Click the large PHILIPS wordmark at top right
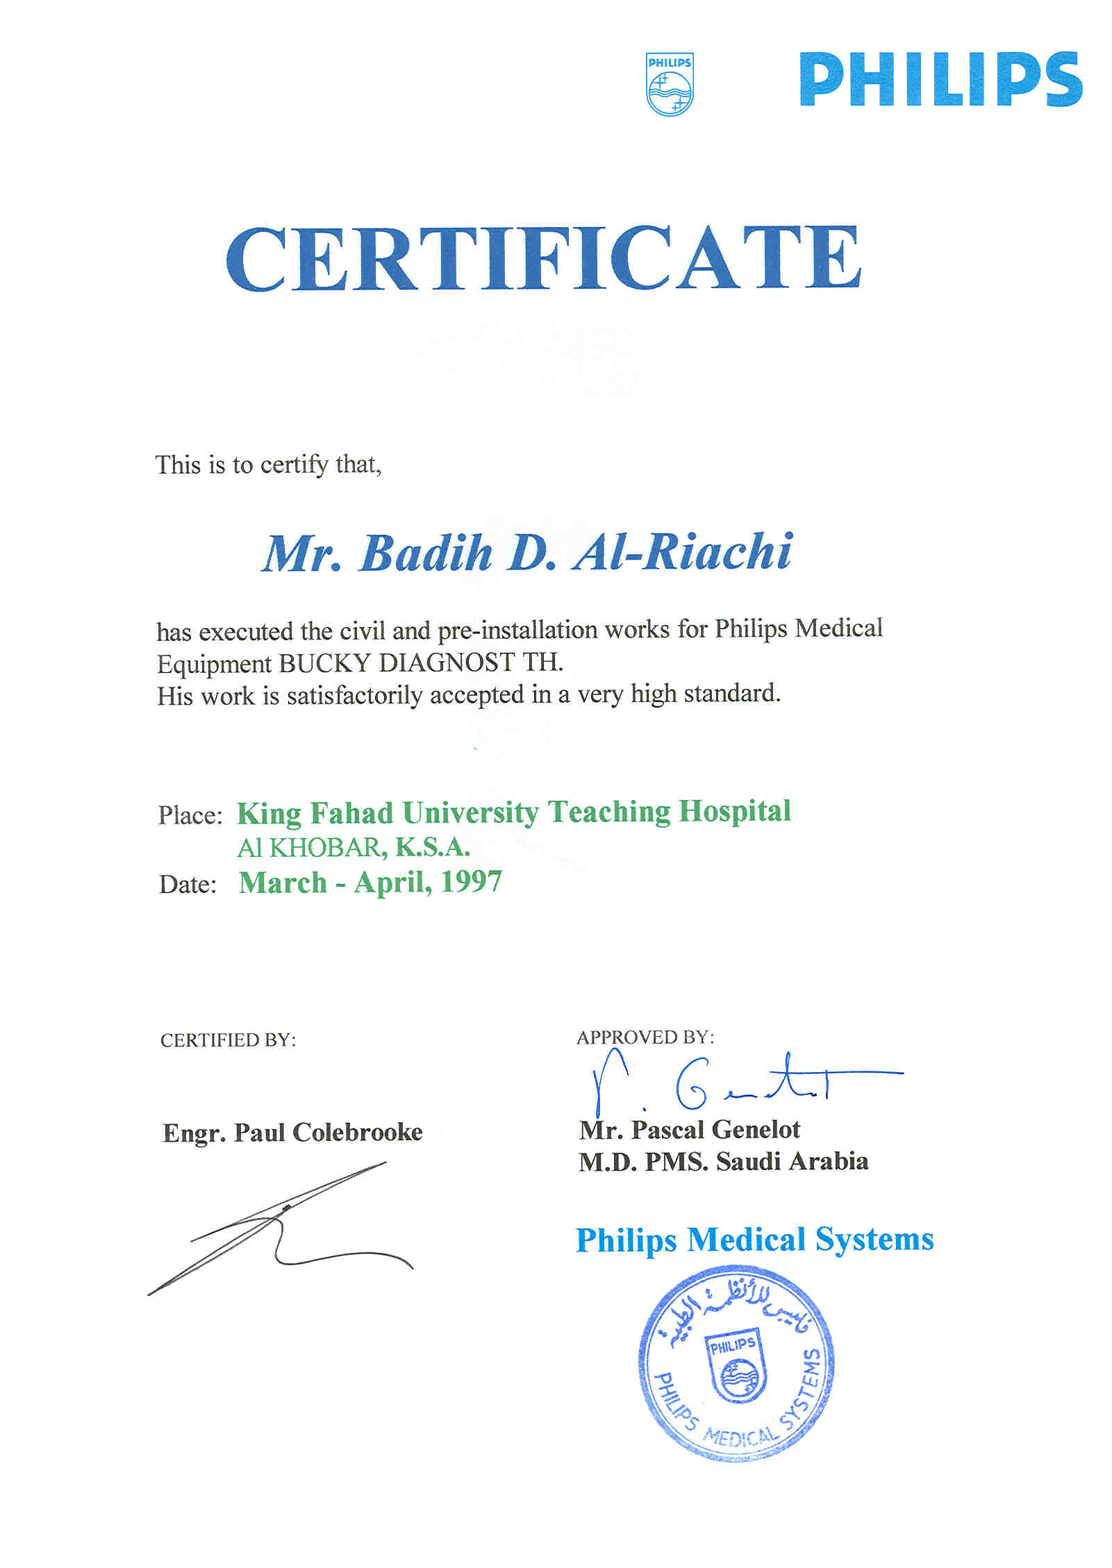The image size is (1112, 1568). click(940, 80)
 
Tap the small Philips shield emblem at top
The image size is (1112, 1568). click(670, 84)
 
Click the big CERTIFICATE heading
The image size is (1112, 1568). click(543, 259)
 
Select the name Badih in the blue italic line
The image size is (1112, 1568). click(426, 553)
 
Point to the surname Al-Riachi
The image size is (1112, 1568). click(682, 553)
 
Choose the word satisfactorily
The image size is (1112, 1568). click(354, 696)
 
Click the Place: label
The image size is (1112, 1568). click(190, 815)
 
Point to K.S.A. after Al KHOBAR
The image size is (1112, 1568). click(433, 847)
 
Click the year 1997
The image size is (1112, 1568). click(471, 882)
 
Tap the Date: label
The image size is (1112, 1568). click(188, 885)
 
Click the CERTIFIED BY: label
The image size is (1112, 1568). click(228, 1040)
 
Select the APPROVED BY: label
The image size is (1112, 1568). click(645, 1037)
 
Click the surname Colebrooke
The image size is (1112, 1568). click(357, 1133)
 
